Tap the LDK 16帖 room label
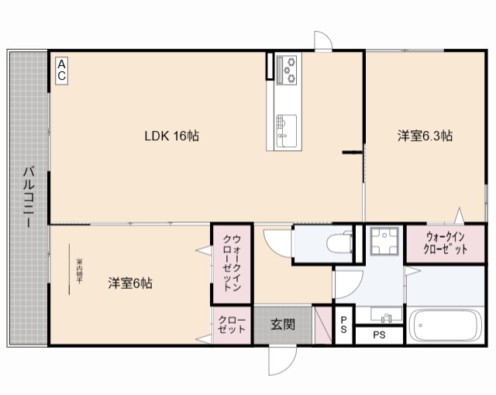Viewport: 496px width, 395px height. [172, 136]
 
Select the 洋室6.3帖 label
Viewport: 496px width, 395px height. [425, 136]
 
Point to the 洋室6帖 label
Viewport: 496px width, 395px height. [129, 283]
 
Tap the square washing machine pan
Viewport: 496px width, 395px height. [382, 242]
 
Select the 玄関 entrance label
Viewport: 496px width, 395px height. [282, 326]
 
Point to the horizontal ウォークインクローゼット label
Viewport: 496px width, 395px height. [446, 243]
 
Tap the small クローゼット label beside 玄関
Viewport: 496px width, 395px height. [232, 325]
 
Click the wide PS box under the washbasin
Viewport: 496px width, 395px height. [379, 335]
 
